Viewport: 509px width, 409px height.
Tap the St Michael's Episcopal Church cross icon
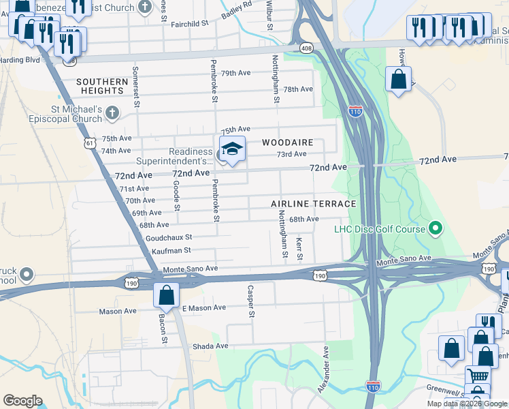coord(113,113)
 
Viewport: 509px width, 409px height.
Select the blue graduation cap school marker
coord(231,149)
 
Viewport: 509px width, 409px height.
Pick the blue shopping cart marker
coord(479,374)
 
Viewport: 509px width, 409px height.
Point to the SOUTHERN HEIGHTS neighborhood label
coord(102,87)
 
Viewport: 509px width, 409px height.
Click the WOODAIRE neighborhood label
coord(288,142)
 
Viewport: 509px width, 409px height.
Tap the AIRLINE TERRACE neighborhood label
coord(313,204)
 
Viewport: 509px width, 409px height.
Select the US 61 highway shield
coord(91,142)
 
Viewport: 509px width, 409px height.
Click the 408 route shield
coord(306,48)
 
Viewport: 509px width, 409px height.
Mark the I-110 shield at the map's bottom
coord(372,386)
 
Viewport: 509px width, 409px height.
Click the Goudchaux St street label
coord(169,237)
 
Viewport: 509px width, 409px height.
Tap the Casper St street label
coord(250,301)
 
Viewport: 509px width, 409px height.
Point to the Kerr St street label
coord(299,249)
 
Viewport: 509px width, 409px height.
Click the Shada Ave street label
coord(213,346)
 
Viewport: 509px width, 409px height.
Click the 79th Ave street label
coord(235,73)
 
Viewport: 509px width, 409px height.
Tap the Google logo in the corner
coord(22,401)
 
